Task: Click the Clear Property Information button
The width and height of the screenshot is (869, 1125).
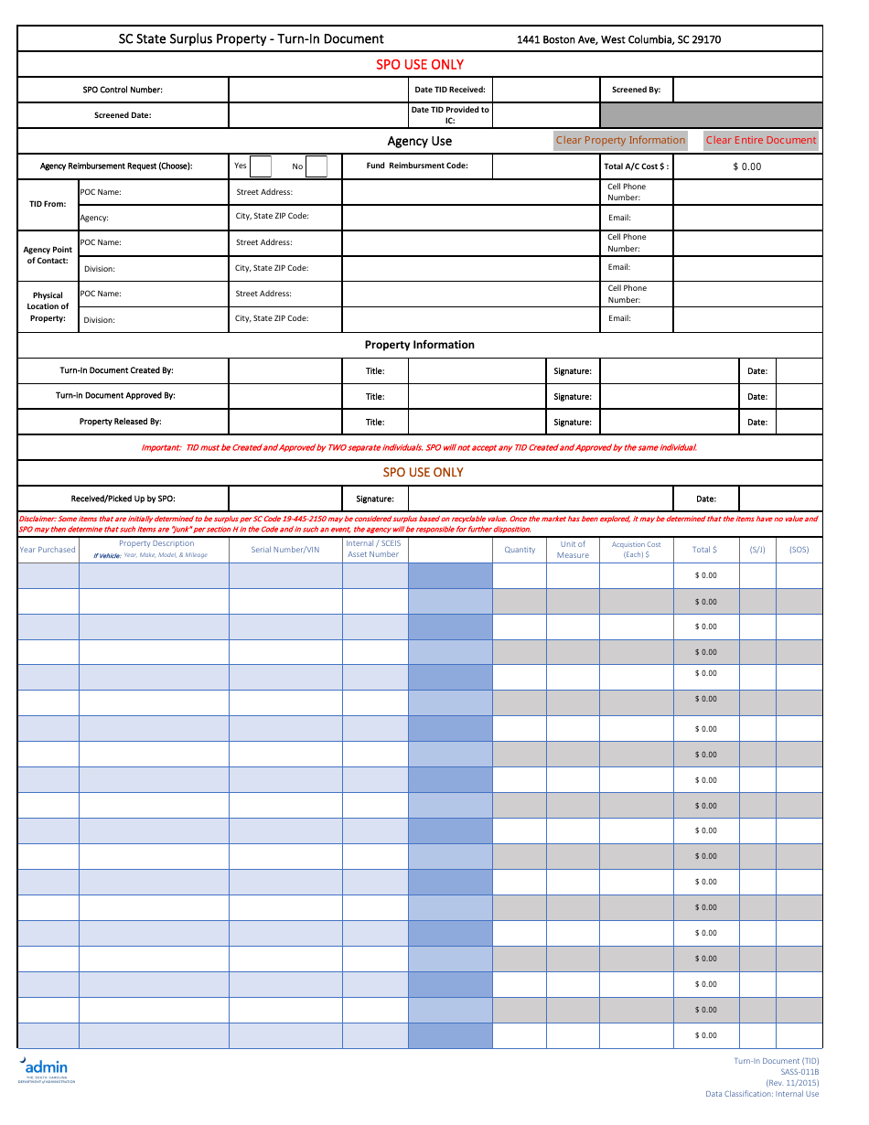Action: [x=620, y=140]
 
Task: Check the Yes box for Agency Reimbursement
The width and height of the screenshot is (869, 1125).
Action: [x=261, y=166]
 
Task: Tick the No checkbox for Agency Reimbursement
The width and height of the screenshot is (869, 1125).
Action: [x=316, y=166]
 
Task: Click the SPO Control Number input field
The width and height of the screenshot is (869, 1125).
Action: [x=317, y=90]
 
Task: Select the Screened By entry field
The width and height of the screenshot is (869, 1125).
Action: [x=747, y=90]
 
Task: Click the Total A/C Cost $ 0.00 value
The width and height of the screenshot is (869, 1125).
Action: [x=746, y=166]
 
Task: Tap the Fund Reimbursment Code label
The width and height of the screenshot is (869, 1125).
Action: [x=417, y=166]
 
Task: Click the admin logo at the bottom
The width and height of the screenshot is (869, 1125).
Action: [x=45, y=1068]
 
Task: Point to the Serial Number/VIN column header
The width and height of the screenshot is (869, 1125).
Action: [x=285, y=550]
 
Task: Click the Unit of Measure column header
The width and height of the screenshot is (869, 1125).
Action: [x=573, y=550]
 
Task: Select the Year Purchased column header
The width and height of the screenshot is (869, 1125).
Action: [x=48, y=550]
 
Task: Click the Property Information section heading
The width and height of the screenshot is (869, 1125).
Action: [x=420, y=345]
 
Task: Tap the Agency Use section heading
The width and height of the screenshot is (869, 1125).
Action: [x=420, y=141]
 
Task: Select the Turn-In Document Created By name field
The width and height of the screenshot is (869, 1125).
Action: [x=284, y=370]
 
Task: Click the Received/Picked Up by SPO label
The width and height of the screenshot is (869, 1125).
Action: [x=123, y=498]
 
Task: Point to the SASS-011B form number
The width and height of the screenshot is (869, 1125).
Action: [x=799, y=1072]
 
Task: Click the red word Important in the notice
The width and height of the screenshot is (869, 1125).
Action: [x=160, y=448]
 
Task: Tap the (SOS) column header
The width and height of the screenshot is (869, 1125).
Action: [x=799, y=550]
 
